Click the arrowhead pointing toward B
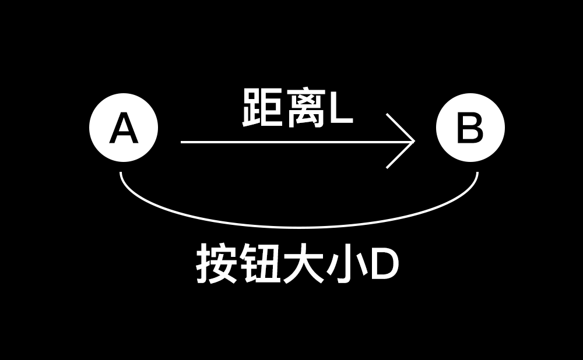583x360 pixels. tap(412, 141)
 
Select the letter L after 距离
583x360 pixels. tap(342, 109)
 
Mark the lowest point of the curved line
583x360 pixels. tap(298, 227)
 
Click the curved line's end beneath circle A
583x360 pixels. tap(121, 174)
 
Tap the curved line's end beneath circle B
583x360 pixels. tap(477, 174)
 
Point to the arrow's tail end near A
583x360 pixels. tap(182, 141)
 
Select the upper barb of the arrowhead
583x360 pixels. tap(399, 126)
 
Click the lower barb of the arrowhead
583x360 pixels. tap(399, 156)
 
